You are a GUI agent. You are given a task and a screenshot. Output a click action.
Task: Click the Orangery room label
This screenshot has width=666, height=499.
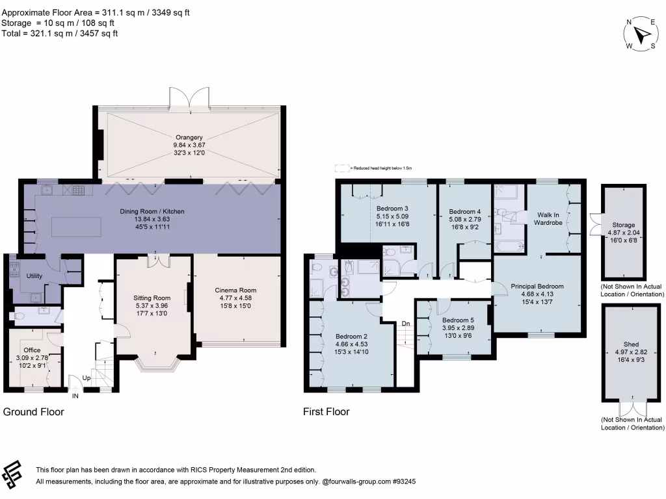pos(189,137)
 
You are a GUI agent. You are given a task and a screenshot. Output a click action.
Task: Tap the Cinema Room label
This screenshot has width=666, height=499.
pos(235,290)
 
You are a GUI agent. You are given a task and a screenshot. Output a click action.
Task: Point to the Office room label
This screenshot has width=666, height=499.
pos(32,350)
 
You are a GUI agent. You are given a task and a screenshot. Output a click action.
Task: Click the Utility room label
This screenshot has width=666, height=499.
pos(34,276)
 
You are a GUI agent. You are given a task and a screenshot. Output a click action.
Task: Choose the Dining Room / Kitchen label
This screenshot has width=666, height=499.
pos(152,211)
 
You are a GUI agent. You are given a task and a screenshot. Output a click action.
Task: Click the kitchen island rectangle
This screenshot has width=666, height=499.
pos(77,227)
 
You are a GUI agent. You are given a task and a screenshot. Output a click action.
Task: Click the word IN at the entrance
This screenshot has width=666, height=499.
pos(75,395)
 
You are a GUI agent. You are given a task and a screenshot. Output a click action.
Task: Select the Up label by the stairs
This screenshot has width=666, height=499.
pos(87,377)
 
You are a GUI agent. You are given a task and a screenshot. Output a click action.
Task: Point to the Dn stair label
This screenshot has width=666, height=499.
pos(405,324)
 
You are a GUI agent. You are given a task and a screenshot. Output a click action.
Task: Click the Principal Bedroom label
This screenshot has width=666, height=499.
pos(537,286)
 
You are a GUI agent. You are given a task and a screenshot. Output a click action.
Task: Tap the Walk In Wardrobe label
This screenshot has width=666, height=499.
pos(548,218)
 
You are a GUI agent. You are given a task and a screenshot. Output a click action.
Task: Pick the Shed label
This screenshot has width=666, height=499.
pos(631,344)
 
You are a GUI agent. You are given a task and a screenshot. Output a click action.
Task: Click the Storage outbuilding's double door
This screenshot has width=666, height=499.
pos(595,223)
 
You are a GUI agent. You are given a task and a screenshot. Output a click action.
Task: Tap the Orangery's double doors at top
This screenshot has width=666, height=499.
pos(189,97)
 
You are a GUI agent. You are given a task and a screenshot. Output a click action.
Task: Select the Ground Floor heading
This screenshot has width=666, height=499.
pos(34,411)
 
